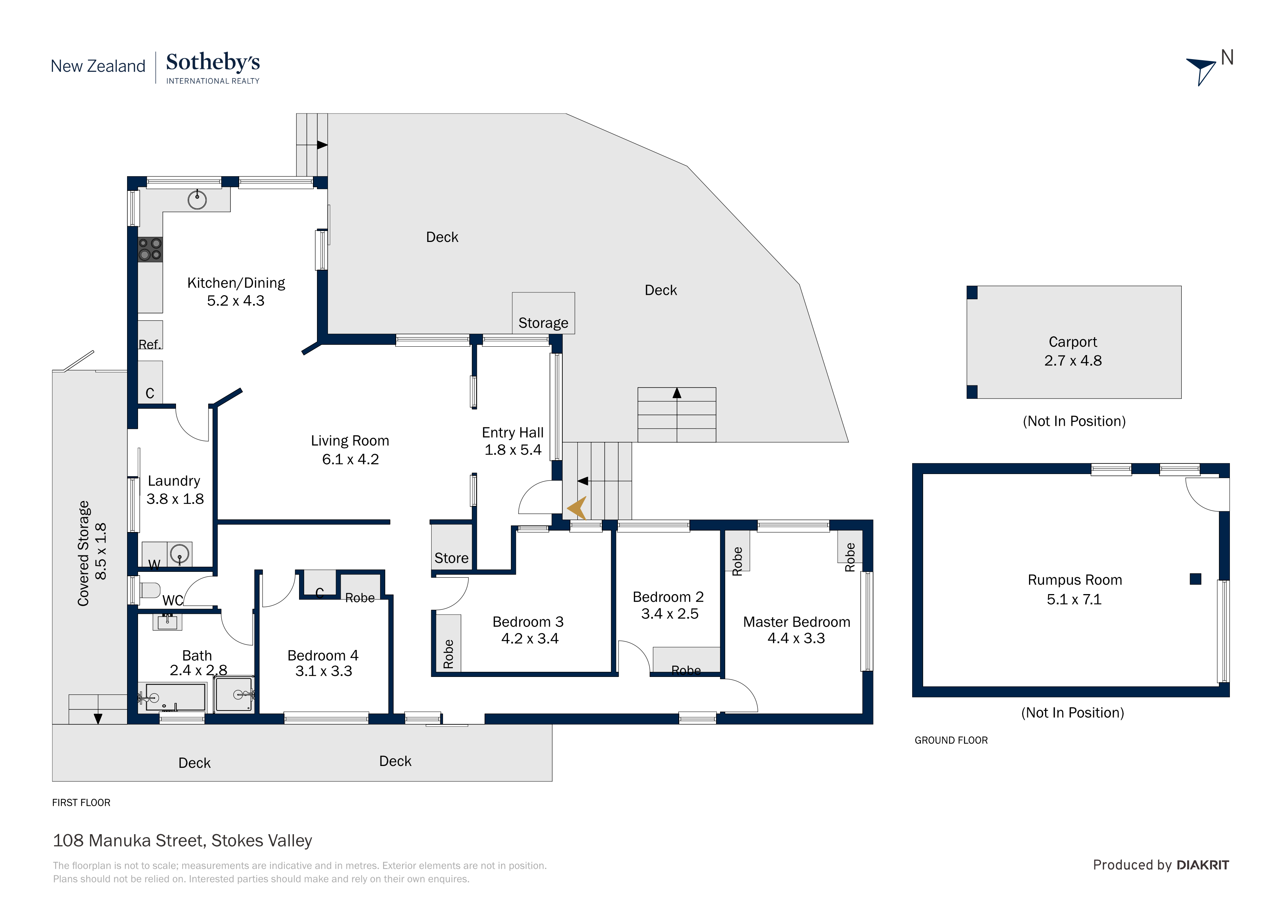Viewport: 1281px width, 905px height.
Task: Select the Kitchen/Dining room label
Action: point(236,283)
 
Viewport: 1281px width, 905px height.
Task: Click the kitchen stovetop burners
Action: point(150,249)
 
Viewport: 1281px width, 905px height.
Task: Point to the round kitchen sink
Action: point(197,199)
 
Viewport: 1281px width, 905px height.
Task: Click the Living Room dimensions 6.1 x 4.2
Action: point(351,459)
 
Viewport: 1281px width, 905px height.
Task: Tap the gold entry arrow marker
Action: point(577,508)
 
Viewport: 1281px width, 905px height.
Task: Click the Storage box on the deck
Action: point(543,313)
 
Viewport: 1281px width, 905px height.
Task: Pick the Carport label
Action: point(1073,342)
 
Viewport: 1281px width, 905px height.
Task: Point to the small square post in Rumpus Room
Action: point(1196,579)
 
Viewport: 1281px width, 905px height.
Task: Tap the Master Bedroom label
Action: point(797,622)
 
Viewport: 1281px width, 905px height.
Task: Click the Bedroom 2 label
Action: point(668,597)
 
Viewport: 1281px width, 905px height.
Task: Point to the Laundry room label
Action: point(174,481)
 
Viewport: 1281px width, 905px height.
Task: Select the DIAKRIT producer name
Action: point(1203,865)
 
